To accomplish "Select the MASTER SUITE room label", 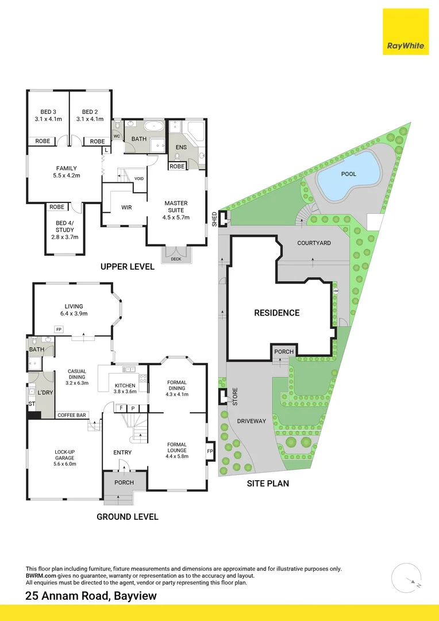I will pos(176,210).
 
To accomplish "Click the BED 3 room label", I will pos(48,115).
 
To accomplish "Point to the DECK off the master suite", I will pos(175,259).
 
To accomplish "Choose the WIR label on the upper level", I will pos(127,207).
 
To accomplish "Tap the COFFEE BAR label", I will pos(71,415).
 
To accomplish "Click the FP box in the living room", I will pos(59,329).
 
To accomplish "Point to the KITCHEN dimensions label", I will pos(125,388).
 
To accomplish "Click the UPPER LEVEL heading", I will pos(127,267).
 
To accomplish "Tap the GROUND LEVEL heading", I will pos(127,516).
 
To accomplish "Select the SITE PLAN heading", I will pos(268,484).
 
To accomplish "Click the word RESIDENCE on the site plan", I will pos(277,313).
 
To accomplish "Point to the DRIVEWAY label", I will pos(252,421).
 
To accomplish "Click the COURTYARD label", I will pos(314,243).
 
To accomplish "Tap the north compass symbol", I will pos(410,577).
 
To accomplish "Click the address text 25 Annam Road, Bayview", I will pos(91,596).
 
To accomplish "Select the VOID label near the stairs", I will pos(139,178).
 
